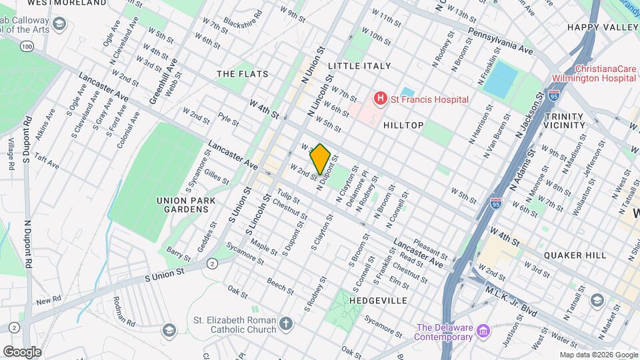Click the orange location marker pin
click(x=320, y=159)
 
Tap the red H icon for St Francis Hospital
click(x=381, y=99)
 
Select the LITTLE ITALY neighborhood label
click(x=359, y=65)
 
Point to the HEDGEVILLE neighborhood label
click(x=378, y=301)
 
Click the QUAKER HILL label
click(x=575, y=255)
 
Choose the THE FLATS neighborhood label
click(x=243, y=73)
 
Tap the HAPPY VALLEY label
click(x=602, y=27)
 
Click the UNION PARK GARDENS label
click(x=183, y=205)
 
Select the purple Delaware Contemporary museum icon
click(x=484, y=330)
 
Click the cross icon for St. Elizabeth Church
click(x=286, y=325)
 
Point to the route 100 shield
click(x=26, y=46)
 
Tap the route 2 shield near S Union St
click(x=212, y=263)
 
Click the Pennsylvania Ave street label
click(x=501, y=41)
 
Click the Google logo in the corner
click(x=22, y=351)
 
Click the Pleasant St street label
click(x=429, y=249)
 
